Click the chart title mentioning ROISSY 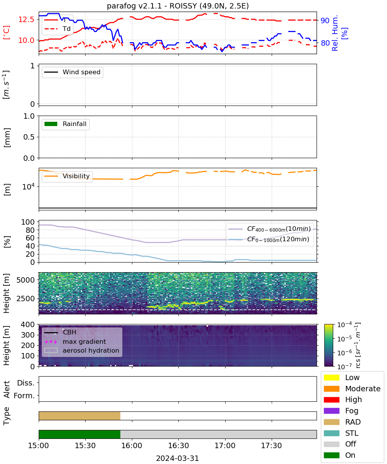point(178,6)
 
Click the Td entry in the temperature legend point(57,29)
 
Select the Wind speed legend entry point(72,72)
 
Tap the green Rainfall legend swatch point(51,124)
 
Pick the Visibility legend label point(76,176)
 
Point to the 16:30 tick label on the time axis point(178,446)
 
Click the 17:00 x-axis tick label point(225,446)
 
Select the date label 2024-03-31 point(177,458)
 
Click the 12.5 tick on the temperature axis point(26,20)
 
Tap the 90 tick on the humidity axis point(325,20)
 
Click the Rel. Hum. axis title point(335,33)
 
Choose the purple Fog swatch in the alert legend point(331,411)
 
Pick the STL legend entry point(341,433)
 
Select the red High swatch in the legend point(331,400)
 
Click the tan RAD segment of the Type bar point(79,416)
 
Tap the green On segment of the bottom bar point(79,435)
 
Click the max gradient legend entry point(75,341)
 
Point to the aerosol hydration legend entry point(82,350)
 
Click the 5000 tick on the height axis point(26,280)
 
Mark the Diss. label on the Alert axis point(26,383)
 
